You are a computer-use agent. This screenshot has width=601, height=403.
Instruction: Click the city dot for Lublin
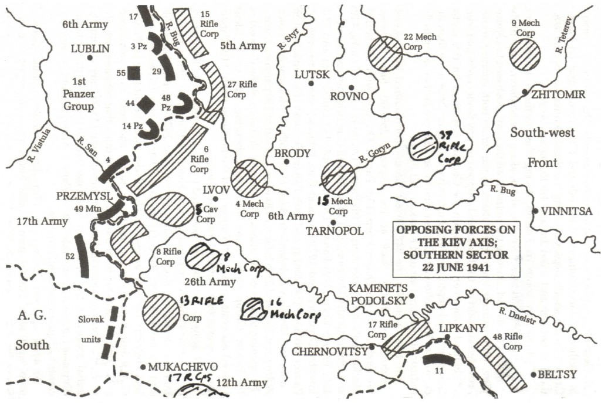tap(90, 57)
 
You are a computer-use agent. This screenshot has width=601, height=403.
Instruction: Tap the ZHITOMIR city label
tap(558, 94)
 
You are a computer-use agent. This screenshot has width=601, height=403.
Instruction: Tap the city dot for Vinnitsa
tap(535, 211)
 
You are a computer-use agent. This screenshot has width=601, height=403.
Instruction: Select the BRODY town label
tap(292, 154)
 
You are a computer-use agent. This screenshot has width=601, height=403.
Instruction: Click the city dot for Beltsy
tap(533, 374)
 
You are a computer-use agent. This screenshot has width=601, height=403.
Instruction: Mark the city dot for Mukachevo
tap(143, 367)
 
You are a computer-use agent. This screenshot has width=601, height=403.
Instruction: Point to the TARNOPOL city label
tap(335, 231)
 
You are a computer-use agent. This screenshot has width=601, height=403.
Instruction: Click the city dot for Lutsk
tap(312, 84)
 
